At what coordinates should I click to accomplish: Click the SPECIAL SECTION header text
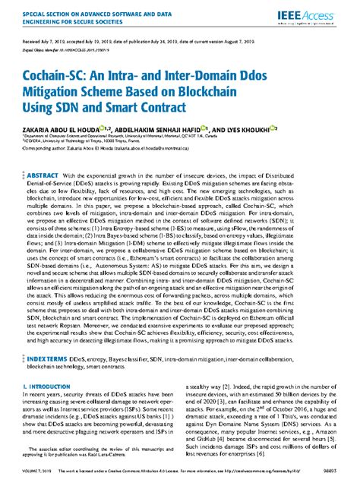[84, 17]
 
